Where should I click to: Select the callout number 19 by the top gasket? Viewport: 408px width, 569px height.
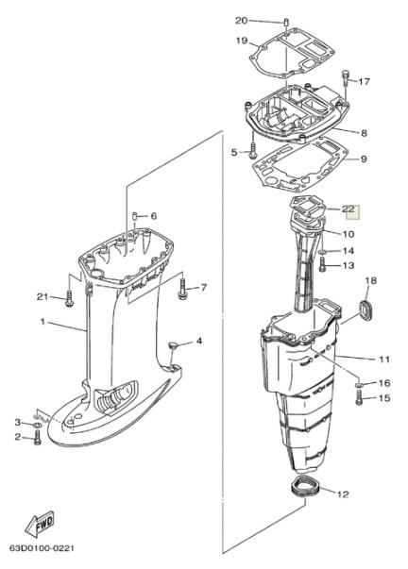click(x=241, y=41)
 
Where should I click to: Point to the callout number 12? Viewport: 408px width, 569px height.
click(x=342, y=494)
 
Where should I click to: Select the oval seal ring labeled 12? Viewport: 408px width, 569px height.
click(x=301, y=489)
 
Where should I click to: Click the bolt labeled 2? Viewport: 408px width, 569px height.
click(x=37, y=440)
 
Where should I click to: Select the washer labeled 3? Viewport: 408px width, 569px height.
click(x=37, y=422)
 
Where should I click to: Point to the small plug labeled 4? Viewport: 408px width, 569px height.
click(x=174, y=345)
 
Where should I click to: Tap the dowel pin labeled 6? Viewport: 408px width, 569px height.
click(x=135, y=216)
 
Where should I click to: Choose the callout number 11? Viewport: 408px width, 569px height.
click(x=383, y=359)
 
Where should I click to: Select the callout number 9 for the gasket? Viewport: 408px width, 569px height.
click(x=365, y=159)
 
